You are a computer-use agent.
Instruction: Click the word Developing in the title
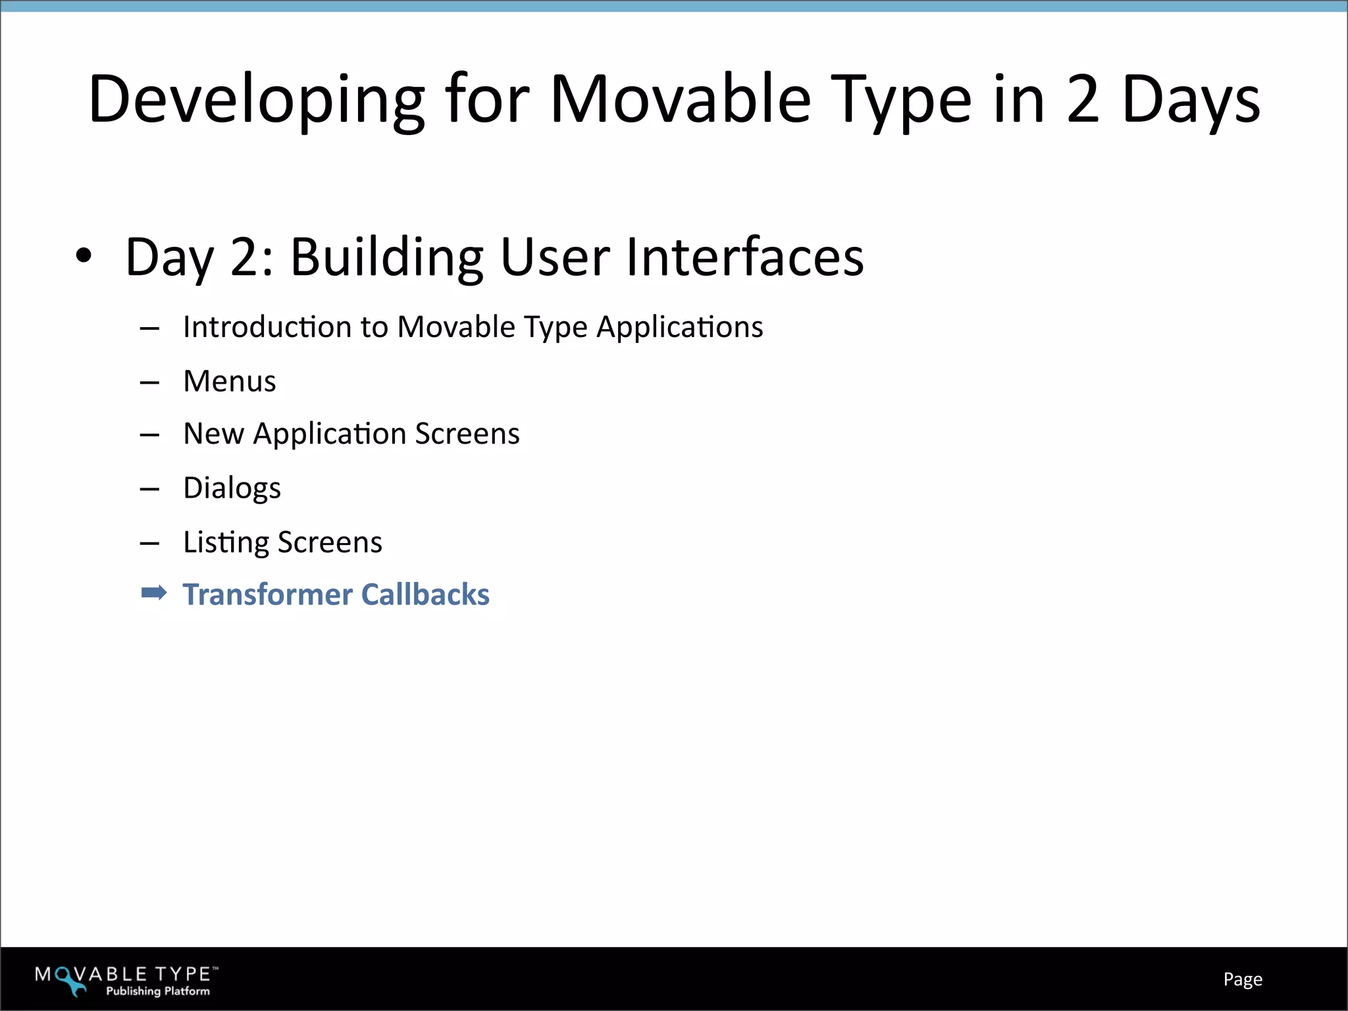pyautogui.click(x=257, y=100)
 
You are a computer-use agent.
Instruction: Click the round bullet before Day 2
pyautogui.click(x=84, y=256)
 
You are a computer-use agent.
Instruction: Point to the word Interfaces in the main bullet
pyautogui.click(x=744, y=257)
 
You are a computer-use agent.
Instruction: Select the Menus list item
pyautogui.click(x=229, y=381)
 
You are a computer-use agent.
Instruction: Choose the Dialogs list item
pyautogui.click(x=232, y=488)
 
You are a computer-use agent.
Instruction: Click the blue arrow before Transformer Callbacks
pyautogui.click(x=154, y=593)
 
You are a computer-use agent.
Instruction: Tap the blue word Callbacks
pyautogui.click(x=425, y=594)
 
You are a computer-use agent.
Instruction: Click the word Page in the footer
pyautogui.click(x=1242, y=979)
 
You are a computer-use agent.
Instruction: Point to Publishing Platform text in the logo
pyautogui.click(x=158, y=991)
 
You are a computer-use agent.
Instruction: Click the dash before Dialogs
pyautogui.click(x=149, y=489)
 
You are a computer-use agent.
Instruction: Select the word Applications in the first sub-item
pyautogui.click(x=679, y=327)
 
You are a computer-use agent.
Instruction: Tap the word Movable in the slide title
pyautogui.click(x=680, y=100)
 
